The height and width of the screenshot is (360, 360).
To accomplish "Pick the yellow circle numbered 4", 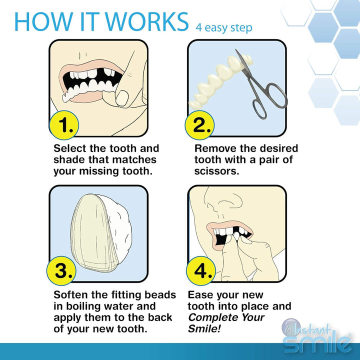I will pos(200,271).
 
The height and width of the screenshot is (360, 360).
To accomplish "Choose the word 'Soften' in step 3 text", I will pos(71,295).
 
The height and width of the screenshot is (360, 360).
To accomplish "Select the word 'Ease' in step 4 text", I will pos(200,295).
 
